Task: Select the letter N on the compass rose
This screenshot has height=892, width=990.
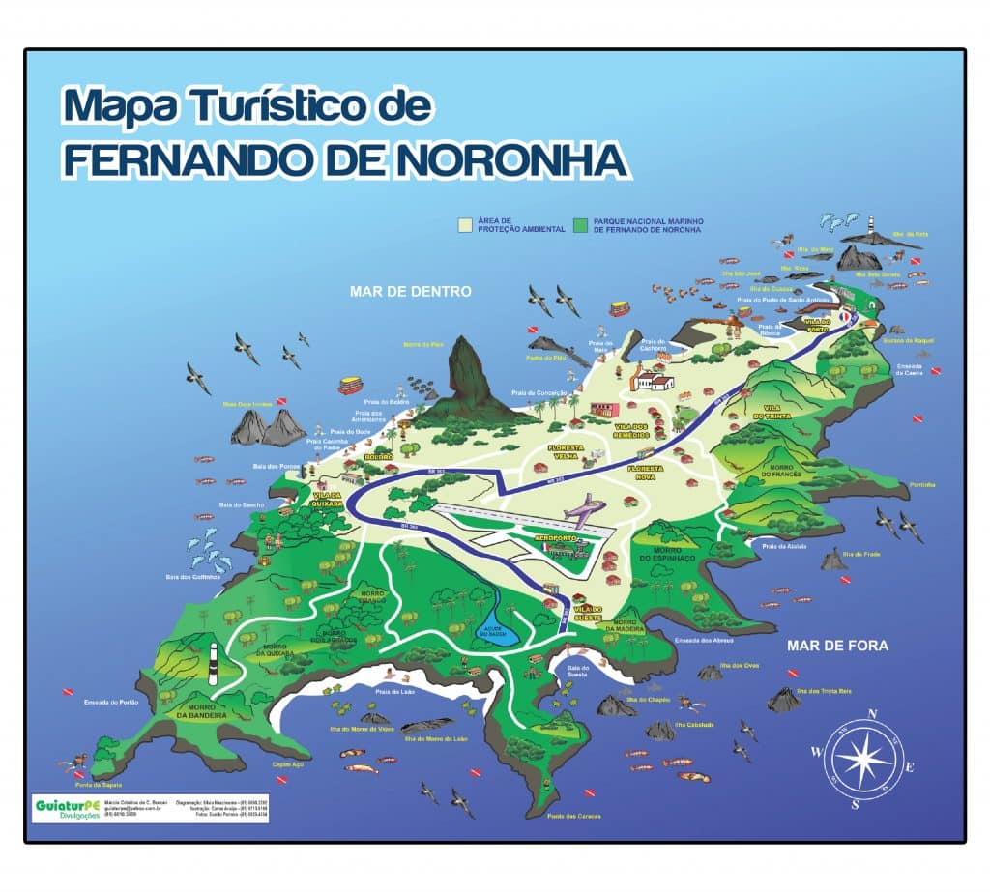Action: click(872, 714)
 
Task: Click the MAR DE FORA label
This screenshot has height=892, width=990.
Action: click(836, 646)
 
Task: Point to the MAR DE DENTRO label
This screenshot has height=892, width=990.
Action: click(410, 290)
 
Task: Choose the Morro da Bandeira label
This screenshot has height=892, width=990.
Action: click(202, 712)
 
